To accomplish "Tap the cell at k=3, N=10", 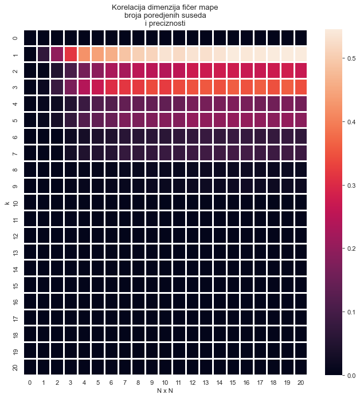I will tap(166, 87).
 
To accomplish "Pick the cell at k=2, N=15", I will tap(233, 70).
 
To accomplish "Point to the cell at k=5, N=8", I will tap(138, 120).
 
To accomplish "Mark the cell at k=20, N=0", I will tap(30, 367).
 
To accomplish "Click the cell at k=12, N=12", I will tap(193, 235).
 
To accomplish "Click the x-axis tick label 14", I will tap(220, 382).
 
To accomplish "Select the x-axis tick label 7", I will tap(125, 382).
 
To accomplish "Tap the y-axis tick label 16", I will tap(15, 301).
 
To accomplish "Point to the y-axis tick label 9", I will tap(15, 186).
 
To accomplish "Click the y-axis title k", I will tap(6, 202).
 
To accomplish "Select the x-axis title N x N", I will tap(165, 391).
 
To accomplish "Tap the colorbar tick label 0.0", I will tap(336, 375).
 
